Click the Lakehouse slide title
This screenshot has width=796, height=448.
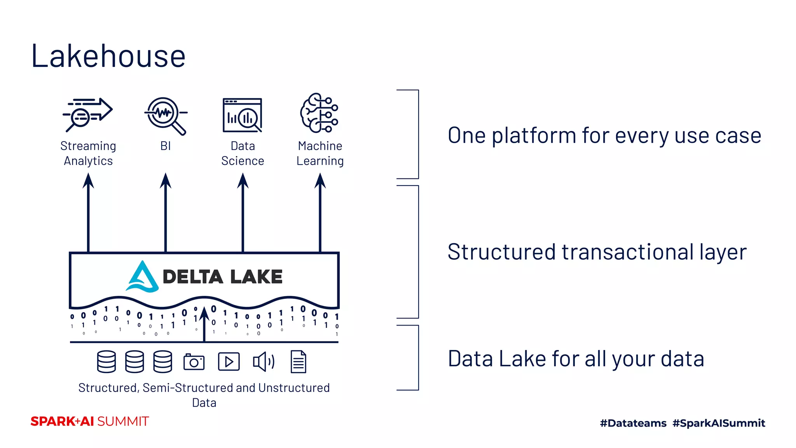108,56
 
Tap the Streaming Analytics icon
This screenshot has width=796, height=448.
88,115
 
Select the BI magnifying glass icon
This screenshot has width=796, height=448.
166,115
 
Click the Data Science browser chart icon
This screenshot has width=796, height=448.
243,115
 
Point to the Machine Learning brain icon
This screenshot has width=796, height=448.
319,113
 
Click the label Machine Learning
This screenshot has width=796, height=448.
320,153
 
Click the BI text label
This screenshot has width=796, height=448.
166,146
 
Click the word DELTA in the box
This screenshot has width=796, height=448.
193,277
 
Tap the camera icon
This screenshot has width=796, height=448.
194,362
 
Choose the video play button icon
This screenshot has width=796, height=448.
229,362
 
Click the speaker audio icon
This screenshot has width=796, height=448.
264,362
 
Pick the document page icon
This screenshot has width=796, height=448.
298,362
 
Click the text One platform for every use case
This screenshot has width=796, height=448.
604,136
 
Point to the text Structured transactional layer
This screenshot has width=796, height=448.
597,252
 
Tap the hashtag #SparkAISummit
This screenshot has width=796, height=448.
719,423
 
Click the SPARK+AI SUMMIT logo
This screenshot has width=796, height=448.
90,422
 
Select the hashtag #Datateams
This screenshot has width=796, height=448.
633,423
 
